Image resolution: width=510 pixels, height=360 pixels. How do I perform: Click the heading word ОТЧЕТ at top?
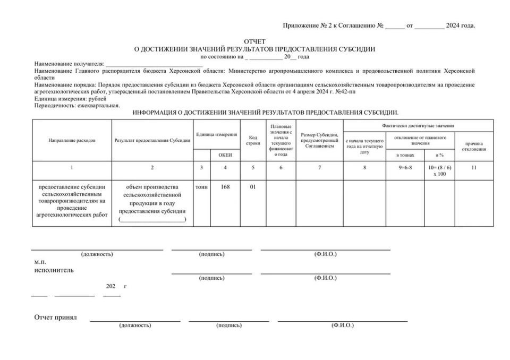[x=254, y=41]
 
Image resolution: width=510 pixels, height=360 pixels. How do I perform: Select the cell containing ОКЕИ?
[x=225, y=155]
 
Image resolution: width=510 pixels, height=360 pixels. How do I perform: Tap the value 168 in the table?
[x=225, y=187]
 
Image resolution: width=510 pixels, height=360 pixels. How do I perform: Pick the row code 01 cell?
[x=253, y=187]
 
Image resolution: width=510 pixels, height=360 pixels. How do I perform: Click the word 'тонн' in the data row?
[x=201, y=187]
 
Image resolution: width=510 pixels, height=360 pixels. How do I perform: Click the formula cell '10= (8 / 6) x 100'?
[x=439, y=170]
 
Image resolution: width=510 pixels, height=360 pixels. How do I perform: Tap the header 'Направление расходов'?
[x=72, y=140]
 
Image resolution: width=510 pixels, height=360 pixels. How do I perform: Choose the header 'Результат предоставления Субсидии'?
[x=152, y=140]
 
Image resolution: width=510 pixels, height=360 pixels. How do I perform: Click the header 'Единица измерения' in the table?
[x=216, y=134]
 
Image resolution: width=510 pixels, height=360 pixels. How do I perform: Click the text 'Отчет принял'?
[x=56, y=318]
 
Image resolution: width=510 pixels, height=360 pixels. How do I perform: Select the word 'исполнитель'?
[x=54, y=270]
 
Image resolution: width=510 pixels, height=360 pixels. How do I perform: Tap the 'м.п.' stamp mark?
[x=40, y=262]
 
